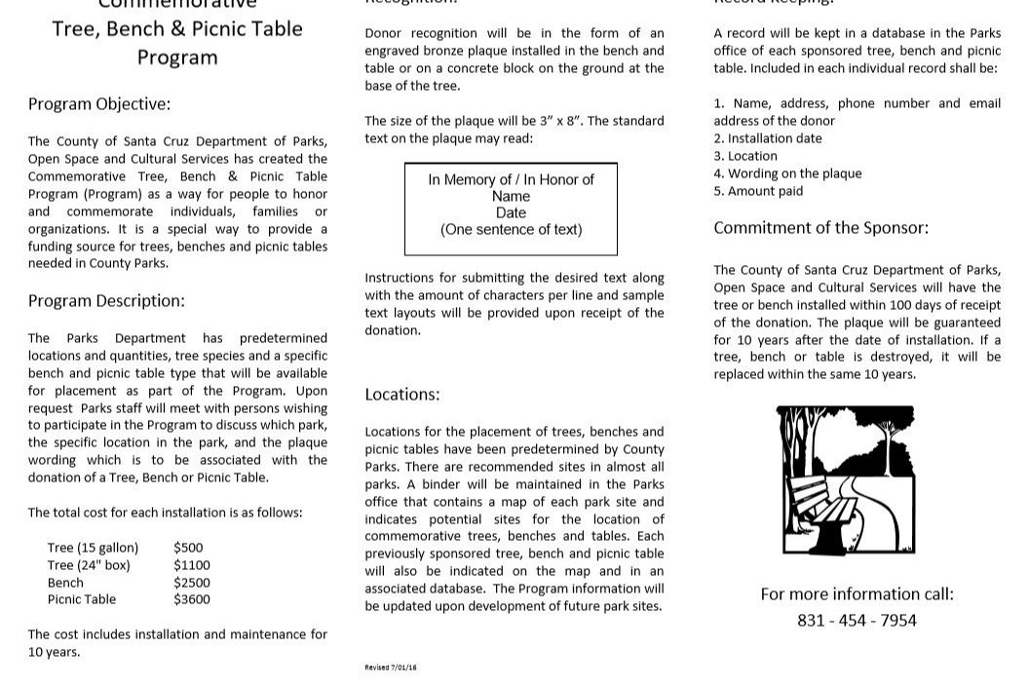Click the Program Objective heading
tap(98, 104)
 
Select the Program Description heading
tap(106, 301)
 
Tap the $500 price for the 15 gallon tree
tap(188, 548)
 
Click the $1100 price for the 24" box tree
tap(192, 565)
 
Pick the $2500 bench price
tap(192, 583)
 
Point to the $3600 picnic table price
tap(192, 600)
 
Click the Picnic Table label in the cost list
tap(81, 600)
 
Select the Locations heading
tap(401, 395)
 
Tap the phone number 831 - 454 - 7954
tap(857, 621)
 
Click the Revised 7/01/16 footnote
tap(391, 667)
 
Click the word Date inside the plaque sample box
tap(511, 213)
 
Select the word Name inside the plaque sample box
tap(511, 197)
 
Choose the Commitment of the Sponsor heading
tap(820, 228)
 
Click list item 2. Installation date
tap(767, 138)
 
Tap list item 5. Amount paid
tap(758, 191)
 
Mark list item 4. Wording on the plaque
tap(787, 173)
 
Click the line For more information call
tap(857, 594)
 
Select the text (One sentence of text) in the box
tap(511, 230)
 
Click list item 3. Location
tap(745, 156)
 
